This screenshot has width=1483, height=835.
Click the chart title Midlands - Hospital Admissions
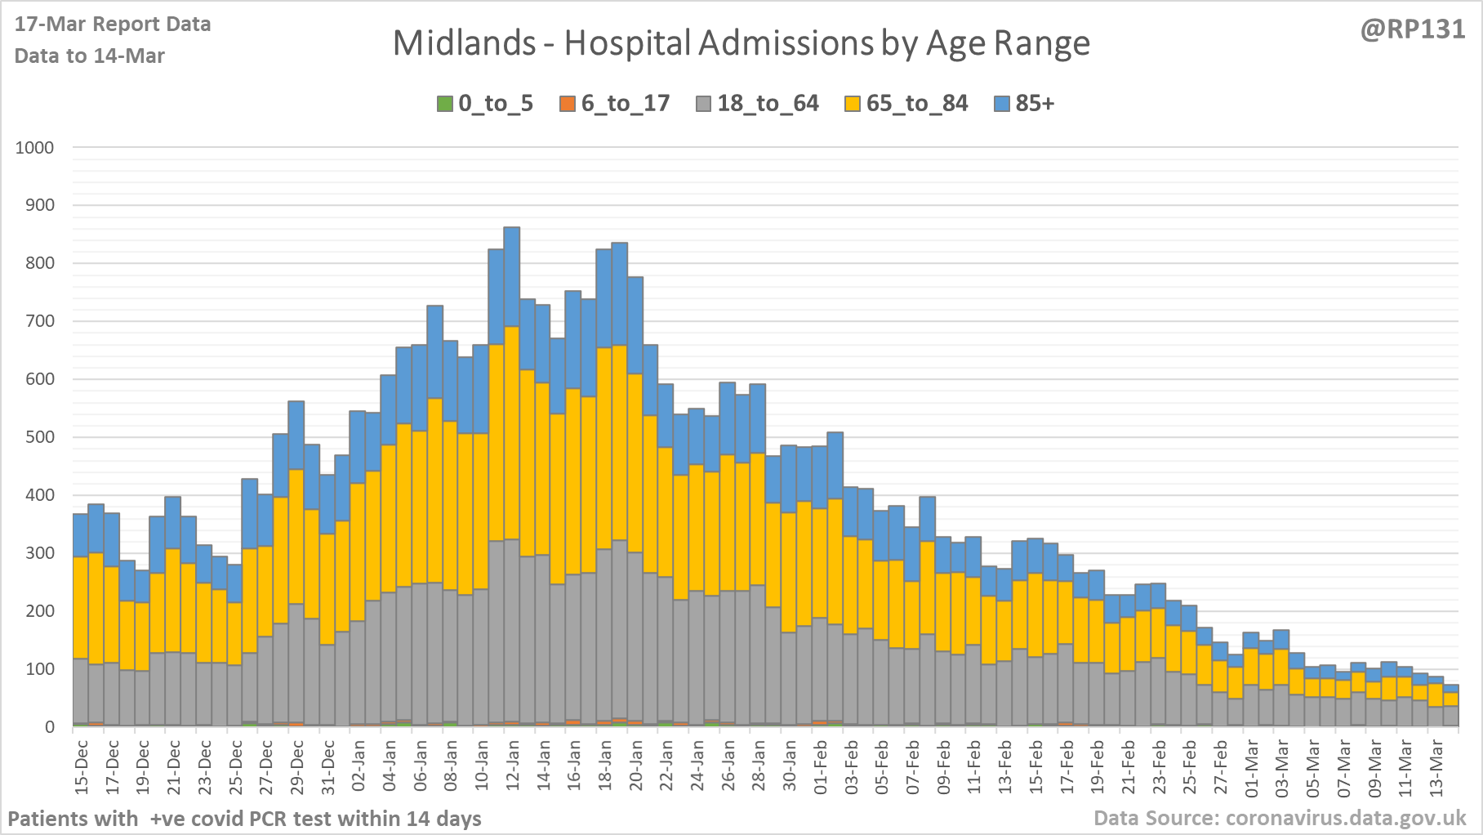[x=741, y=43]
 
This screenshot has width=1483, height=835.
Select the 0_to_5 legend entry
[x=485, y=104]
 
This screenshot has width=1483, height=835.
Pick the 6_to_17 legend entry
[x=615, y=104]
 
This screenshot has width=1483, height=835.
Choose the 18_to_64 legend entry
[x=757, y=104]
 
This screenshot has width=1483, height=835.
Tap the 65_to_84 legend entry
[x=906, y=104]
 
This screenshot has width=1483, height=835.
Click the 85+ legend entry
[x=1025, y=104]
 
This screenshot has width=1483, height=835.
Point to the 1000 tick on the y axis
[x=35, y=148]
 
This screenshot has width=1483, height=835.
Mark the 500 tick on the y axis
[x=39, y=437]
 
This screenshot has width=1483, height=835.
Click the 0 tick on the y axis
[x=51, y=727]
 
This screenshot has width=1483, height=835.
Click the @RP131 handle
[x=1412, y=29]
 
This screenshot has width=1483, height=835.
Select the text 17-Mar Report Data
[x=113, y=25]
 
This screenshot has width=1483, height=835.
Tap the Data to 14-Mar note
[x=90, y=56]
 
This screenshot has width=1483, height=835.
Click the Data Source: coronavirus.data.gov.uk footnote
[x=1280, y=818]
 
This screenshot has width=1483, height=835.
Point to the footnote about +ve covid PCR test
[x=245, y=819]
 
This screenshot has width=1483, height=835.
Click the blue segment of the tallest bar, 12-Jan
[x=512, y=277]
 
